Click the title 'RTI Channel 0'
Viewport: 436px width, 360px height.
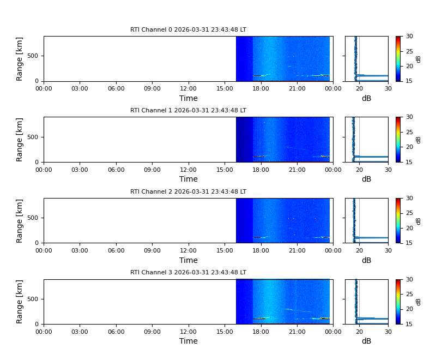pyautogui.click(x=188, y=30)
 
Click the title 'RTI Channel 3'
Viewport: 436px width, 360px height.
pyautogui.click(x=188, y=273)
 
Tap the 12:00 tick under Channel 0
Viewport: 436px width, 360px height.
pyautogui.click(x=189, y=89)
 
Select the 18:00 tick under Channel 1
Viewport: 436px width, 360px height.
pyautogui.click(x=261, y=170)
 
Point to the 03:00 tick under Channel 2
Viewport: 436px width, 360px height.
pyautogui.click(x=80, y=251)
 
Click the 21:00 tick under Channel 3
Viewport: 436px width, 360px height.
pyautogui.click(x=297, y=332)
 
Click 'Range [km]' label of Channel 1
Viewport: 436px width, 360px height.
pyautogui.click(x=20, y=140)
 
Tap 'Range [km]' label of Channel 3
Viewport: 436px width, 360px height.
pyautogui.click(x=20, y=302)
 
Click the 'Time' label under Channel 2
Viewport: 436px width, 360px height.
pyautogui.click(x=189, y=260)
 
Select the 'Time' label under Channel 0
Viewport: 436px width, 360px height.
pyautogui.click(x=189, y=99)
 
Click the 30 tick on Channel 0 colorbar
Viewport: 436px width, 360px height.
pyautogui.click(x=409, y=37)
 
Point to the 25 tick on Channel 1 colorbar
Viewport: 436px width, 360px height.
pyautogui.click(x=409, y=132)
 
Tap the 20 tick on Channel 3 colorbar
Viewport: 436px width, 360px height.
pyautogui.click(x=409, y=309)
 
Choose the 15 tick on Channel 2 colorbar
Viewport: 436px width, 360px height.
pyautogui.click(x=409, y=243)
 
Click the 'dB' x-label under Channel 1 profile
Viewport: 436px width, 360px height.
pyautogui.click(x=366, y=179)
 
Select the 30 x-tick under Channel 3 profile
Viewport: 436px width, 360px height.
pyautogui.click(x=388, y=332)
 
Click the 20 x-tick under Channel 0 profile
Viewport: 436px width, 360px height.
pyautogui.click(x=359, y=89)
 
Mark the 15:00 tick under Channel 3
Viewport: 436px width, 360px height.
pyautogui.click(x=225, y=332)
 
